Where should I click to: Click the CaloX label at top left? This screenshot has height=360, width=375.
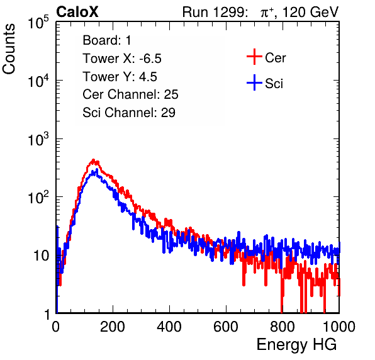point(77,12)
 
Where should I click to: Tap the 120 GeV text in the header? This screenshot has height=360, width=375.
point(311,12)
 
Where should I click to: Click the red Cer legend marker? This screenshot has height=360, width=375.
point(254,57)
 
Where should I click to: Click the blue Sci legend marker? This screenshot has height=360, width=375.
point(254,82)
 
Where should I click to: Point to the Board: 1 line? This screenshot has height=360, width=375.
point(107,40)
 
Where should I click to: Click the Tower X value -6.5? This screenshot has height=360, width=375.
point(150,59)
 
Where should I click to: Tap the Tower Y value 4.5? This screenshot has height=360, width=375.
point(148,77)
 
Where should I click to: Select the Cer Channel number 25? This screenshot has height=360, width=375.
point(171,94)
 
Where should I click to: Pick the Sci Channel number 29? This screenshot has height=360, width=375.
point(168,113)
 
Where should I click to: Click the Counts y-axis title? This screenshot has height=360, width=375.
point(9,49)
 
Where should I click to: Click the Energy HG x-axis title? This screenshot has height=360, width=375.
point(296,345)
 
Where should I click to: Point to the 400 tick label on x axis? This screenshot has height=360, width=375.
point(169,327)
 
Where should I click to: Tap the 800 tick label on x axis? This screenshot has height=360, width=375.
point(283,327)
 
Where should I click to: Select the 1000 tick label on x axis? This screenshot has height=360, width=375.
point(339,327)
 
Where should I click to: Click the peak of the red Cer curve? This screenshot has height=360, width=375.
point(94,160)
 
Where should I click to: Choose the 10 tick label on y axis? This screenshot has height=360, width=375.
point(42,256)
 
